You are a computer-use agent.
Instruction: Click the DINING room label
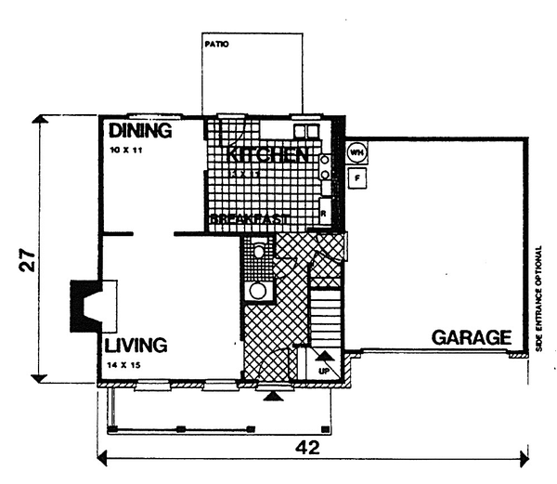coord(140,131)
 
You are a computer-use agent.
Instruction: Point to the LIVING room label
coord(136,346)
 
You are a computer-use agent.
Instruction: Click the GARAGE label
coord(472,337)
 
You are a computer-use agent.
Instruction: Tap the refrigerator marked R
coord(323,211)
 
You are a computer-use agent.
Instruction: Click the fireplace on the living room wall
coord(89,304)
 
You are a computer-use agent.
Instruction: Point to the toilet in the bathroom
coord(259,251)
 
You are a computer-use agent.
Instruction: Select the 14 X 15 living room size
coord(124,364)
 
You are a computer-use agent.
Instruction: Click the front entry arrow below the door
coord(271,396)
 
